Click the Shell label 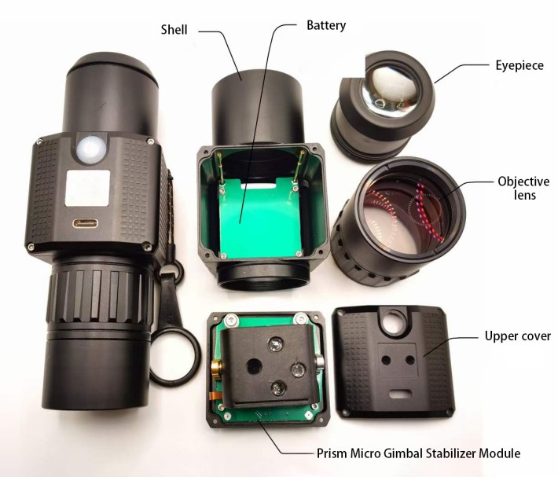pos(174,30)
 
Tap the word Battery pos(326,26)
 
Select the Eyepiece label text pos(519,65)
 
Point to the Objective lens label pos(524,188)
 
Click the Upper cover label pos(518,336)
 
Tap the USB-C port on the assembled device pos(86,224)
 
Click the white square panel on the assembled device pos(87,188)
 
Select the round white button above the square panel pos(90,148)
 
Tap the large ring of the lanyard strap pos(174,357)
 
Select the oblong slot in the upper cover pos(400,394)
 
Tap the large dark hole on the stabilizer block pos(254,366)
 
